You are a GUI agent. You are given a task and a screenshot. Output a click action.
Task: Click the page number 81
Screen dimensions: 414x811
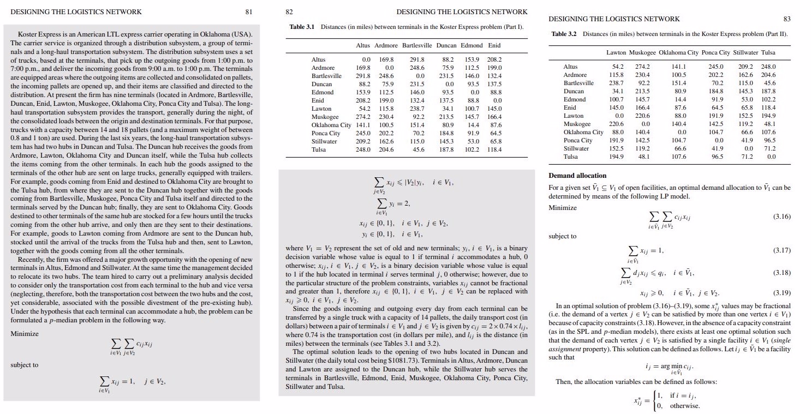coord(249,11)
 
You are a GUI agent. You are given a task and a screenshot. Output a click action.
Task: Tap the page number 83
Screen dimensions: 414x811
coord(786,19)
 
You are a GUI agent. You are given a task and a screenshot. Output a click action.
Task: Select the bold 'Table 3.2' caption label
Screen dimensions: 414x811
coord(564,34)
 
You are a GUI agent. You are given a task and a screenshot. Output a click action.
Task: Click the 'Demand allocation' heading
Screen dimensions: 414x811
coord(577,176)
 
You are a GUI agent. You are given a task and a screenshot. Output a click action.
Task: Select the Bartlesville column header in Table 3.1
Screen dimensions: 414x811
coord(417,45)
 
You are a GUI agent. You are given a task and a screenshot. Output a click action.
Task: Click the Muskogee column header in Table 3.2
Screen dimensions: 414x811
coord(641,52)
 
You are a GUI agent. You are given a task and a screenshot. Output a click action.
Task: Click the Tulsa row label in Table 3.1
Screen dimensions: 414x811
coord(318,149)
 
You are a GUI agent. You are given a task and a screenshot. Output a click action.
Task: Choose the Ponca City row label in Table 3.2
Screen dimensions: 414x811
coord(577,140)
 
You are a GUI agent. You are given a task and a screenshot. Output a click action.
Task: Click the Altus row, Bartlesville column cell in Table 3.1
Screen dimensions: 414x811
coord(416,59)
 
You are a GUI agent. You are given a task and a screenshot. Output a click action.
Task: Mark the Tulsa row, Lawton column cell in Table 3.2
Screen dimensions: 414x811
coord(616,157)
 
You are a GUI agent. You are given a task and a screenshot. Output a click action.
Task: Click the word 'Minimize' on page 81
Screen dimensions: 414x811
coord(24,333)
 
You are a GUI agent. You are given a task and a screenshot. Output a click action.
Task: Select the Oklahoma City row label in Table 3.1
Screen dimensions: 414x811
coord(331,125)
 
